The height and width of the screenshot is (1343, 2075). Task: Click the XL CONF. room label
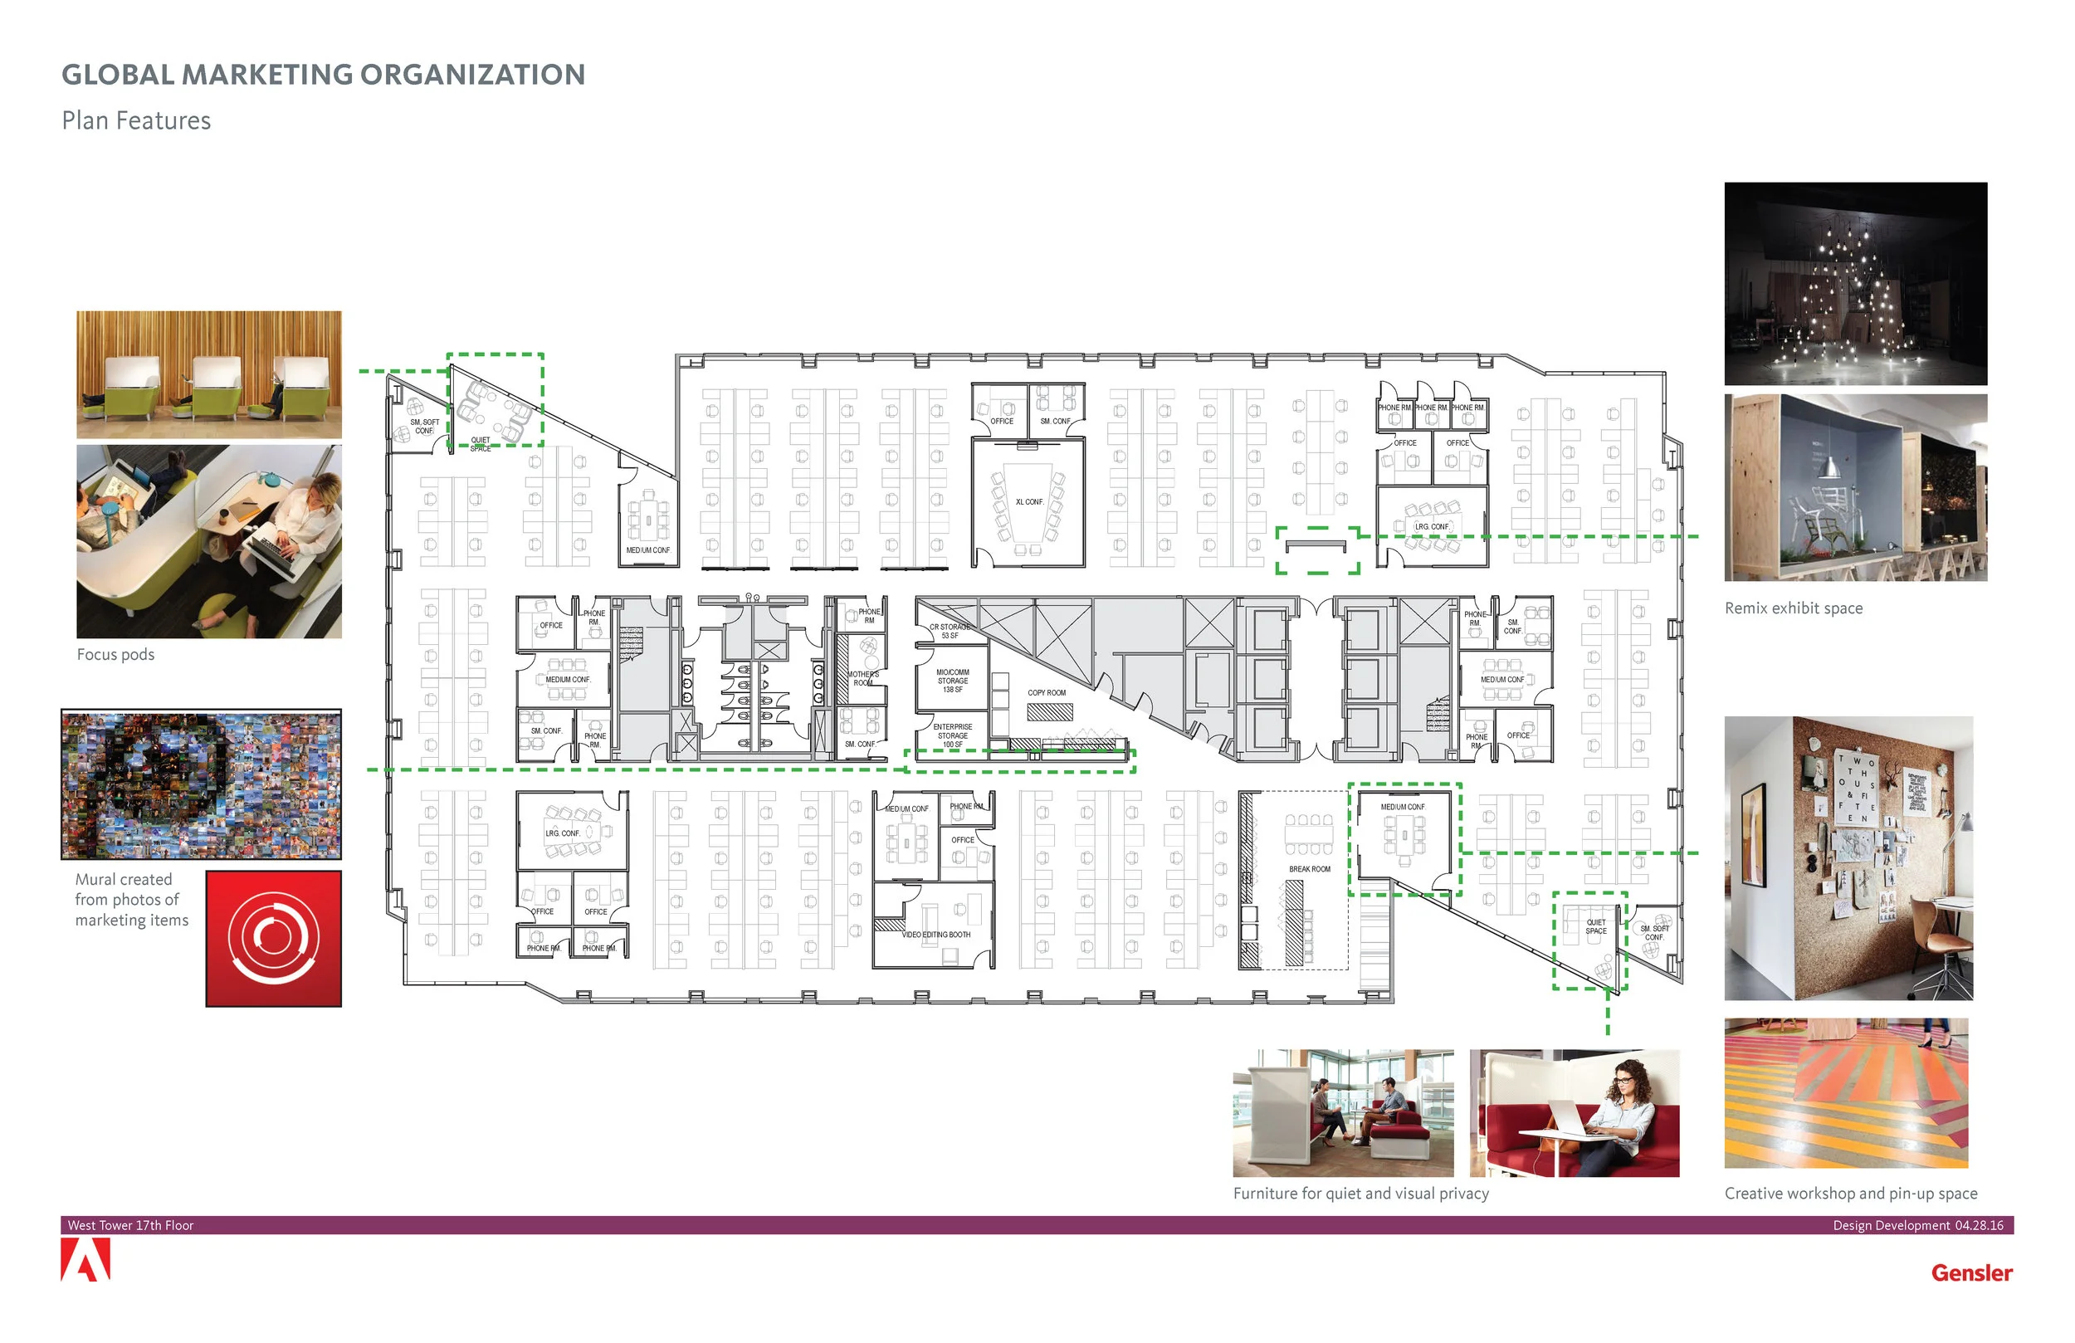coord(1028,502)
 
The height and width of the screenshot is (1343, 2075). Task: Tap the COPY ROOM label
coord(1047,693)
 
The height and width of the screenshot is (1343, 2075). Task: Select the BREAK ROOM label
coord(1310,869)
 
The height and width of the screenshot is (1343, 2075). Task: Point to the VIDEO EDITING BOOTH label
coord(936,935)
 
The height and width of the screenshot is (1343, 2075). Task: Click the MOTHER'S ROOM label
coord(863,678)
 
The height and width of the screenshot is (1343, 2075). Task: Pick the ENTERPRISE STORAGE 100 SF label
coord(952,736)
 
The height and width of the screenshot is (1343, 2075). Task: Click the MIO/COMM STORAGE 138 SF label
coord(953,681)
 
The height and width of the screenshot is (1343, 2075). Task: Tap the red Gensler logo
coord(1971,1273)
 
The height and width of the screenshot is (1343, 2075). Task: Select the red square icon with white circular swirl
coord(274,938)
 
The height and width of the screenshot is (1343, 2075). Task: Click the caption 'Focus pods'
coord(115,655)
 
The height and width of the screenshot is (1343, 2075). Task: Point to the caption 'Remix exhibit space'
coord(1794,608)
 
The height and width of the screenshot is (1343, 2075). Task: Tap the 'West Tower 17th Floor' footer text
coord(131,1225)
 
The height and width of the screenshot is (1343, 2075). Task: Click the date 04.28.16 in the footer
coord(1978,1225)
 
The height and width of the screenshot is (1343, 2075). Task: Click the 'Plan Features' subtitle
coord(136,120)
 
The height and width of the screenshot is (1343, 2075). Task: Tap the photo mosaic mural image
coord(201,784)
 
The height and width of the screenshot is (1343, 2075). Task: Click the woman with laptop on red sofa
coord(1575,1114)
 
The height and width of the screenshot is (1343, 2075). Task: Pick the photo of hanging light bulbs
coord(1855,283)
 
